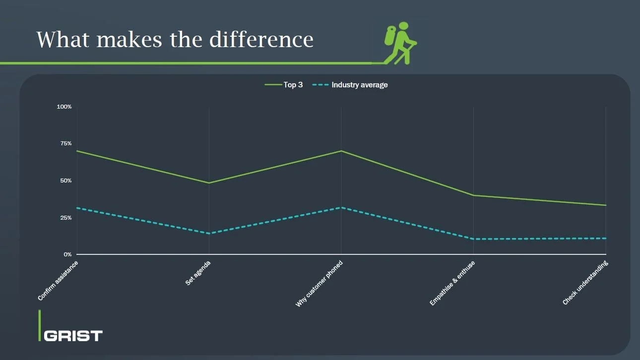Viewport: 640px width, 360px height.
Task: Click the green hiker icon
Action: (x=400, y=43)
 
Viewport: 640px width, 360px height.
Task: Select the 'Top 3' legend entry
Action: (x=293, y=85)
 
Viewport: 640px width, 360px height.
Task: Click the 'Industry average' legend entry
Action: (x=359, y=85)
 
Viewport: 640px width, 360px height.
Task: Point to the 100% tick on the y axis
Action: (x=64, y=107)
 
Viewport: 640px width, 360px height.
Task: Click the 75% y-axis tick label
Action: (x=66, y=143)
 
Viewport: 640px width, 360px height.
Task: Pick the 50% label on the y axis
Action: (x=66, y=180)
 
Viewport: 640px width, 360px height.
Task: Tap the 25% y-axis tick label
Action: (x=66, y=218)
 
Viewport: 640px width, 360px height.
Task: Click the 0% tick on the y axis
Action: (x=67, y=254)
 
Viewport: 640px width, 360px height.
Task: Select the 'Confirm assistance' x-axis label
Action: (x=58, y=281)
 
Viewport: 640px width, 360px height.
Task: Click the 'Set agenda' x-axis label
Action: (x=198, y=272)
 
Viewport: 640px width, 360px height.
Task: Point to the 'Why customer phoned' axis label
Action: (x=319, y=284)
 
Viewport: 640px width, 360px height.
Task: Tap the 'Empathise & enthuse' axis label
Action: (x=452, y=283)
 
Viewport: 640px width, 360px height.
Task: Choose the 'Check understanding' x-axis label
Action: (x=585, y=283)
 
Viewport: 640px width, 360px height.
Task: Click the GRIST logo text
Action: (x=73, y=336)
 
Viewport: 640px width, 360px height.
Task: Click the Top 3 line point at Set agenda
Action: (x=209, y=183)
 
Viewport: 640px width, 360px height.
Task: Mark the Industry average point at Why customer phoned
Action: (x=341, y=207)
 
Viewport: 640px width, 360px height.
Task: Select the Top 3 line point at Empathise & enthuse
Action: (x=473, y=195)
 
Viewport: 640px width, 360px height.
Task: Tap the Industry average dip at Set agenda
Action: (x=209, y=234)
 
